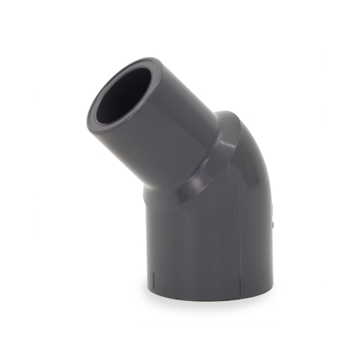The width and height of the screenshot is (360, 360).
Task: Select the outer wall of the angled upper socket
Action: (169, 134)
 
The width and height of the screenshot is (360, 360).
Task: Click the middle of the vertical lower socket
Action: (208, 244)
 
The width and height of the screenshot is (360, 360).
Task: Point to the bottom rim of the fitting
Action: (208, 297)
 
